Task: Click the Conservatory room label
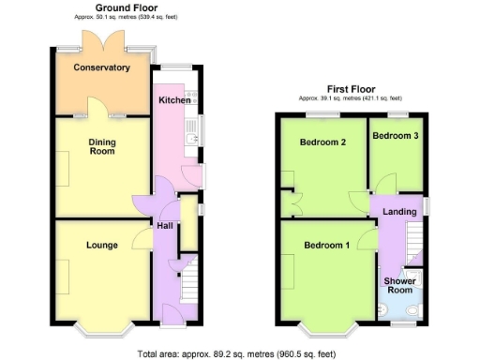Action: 102,67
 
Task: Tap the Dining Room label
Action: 102,145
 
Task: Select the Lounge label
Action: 101,246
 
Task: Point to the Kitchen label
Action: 173,100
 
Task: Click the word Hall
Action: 164,226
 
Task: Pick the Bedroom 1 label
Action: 326,246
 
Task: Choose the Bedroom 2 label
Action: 322,142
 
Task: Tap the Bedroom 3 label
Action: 396,136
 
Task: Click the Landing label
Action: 399,212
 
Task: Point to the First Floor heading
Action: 351,89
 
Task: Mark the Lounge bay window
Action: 103,328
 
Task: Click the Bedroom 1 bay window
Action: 327,328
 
